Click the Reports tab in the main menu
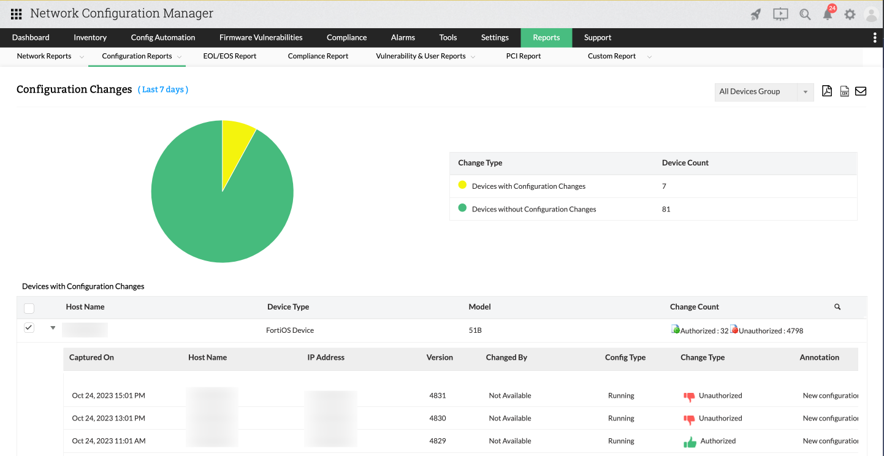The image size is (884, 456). pos(546,37)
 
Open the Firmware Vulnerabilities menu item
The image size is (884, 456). pos(261,37)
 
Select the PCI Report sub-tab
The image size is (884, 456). pos(523,56)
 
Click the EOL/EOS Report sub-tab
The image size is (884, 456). pos(229,56)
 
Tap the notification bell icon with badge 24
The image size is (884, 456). pos(828,14)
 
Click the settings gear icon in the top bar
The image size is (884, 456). pos(850,14)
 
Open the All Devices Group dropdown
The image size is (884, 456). pos(764,92)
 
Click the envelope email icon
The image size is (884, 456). pos(861,91)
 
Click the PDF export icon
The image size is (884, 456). pos(827,91)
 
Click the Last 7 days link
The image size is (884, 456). pos(163,89)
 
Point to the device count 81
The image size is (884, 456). pos(666,209)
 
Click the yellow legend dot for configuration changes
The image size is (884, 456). pos(463,185)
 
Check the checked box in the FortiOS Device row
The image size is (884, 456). pos(29,329)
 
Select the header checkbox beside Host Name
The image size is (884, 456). pos(29,308)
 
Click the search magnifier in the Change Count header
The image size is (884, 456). pos(837,307)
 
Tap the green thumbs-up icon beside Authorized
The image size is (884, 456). pos(690,441)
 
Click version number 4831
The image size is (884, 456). pos(438,395)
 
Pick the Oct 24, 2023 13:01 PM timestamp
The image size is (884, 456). pos(109,418)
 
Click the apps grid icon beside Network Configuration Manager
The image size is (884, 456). pos(17,13)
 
